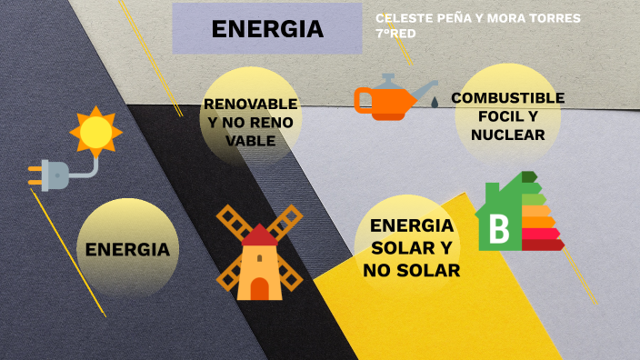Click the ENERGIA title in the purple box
tap(267, 29)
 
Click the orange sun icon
tap(95, 132)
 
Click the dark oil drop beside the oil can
tap(434, 102)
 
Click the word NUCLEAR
tap(507, 135)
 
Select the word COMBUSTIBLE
tap(507, 98)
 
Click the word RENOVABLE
tap(250, 104)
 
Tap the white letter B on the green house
tap(499, 229)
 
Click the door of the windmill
tap(259, 288)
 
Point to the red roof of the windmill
tap(260, 236)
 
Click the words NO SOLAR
tap(411, 270)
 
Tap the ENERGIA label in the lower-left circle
tap(127, 249)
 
